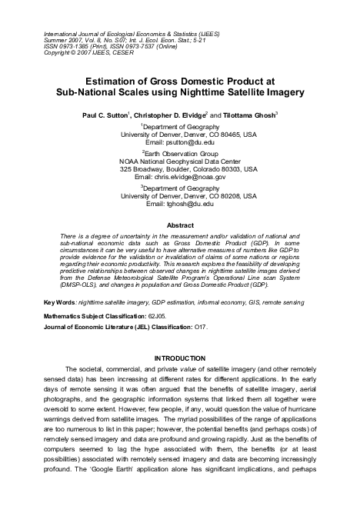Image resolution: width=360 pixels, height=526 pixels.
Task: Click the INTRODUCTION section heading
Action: coord(179,359)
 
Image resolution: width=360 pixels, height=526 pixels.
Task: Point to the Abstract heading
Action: coord(179,225)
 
